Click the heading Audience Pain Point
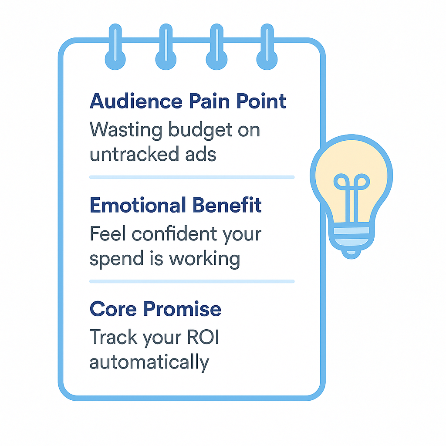pos(188,101)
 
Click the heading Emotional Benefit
pos(176,205)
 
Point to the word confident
pos(176,234)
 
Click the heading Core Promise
pos(155,309)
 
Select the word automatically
pos(149,362)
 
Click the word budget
pos(192,130)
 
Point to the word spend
pos(109,259)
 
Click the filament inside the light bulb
pos(351,192)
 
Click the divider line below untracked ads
pos(192,177)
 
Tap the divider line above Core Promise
pos(192,281)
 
